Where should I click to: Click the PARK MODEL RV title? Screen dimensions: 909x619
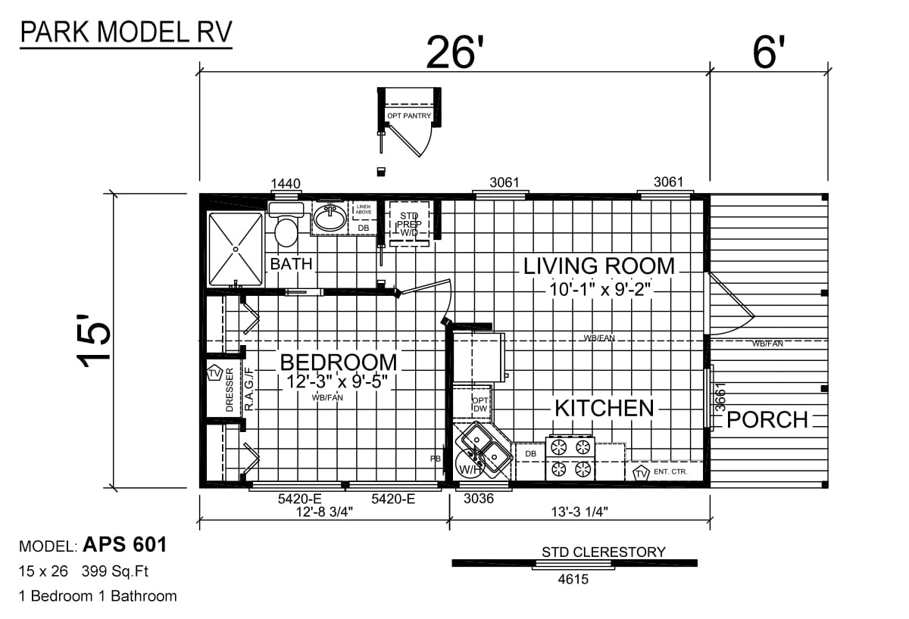pos(126,32)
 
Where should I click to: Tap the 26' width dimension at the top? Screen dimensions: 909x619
pos(456,53)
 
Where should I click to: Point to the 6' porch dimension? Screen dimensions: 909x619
pos(769,52)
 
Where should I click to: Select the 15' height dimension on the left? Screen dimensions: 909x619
pos(93,341)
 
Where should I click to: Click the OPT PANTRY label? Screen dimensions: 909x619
pos(408,116)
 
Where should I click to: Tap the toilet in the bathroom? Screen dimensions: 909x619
pos(286,226)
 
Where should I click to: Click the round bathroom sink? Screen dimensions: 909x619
pos(331,217)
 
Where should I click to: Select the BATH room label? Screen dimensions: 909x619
pos(292,264)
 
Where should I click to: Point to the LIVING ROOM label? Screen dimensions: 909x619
pos(599,266)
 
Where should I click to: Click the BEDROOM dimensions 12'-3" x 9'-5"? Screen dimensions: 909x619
pos(336,381)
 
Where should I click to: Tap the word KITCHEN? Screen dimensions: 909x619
pos(604,408)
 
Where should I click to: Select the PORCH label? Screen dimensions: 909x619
pos(767,419)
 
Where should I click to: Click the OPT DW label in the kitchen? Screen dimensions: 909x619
pos(480,405)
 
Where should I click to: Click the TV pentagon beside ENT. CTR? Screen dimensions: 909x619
pos(641,474)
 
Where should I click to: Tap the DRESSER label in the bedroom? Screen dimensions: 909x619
pos(230,390)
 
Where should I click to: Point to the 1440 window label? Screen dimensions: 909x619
pos(286,184)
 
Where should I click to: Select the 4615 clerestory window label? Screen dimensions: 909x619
pos(573,580)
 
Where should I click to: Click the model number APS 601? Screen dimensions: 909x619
pos(125,544)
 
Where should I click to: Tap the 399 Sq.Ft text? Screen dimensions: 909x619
pos(115,571)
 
